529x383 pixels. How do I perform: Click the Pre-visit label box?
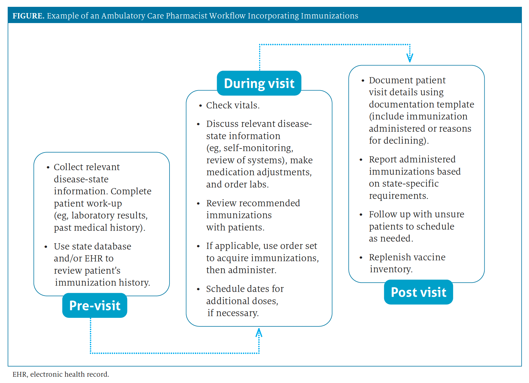pyautogui.click(x=95, y=305)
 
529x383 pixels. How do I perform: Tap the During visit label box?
pyautogui.click(x=259, y=83)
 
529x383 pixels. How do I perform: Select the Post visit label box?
pyautogui.click(x=418, y=292)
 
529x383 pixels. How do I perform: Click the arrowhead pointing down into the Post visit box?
pyautogui.click(x=410, y=58)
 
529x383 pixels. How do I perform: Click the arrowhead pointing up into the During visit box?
pyautogui.click(x=259, y=332)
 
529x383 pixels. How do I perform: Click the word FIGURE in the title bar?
pyautogui.click(x=28, y=16)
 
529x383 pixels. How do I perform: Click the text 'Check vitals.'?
pyautogui.click(x=233, y=105)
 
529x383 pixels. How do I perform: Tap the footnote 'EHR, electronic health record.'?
pyautogui.click(x=61, y=374)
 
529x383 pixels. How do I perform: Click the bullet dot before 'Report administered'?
pyautogui.click(x=361, y=160)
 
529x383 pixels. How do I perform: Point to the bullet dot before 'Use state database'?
pyautogui.click(x=46, y=247)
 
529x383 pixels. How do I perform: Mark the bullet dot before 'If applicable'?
pyautogui.click(x=198, y=246)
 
